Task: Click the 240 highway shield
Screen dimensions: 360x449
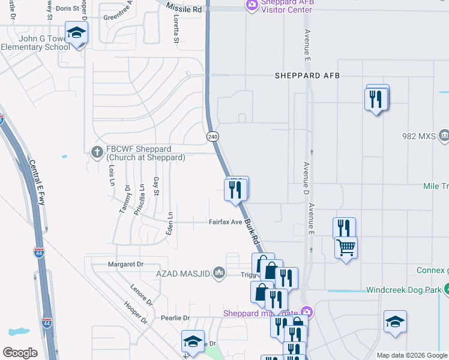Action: (212, 136)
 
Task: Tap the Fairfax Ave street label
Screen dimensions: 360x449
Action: (225, 222)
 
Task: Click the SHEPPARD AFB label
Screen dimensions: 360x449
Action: (307, 76)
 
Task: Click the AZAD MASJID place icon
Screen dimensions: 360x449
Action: (218, 274)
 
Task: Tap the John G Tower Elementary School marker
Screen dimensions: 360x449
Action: (77, 34)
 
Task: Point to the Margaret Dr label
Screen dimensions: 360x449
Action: (127, 264)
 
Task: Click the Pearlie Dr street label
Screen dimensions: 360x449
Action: (175, 318)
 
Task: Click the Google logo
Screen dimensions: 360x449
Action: (20, 352)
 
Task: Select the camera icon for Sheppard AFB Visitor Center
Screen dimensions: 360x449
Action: (252, 5)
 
